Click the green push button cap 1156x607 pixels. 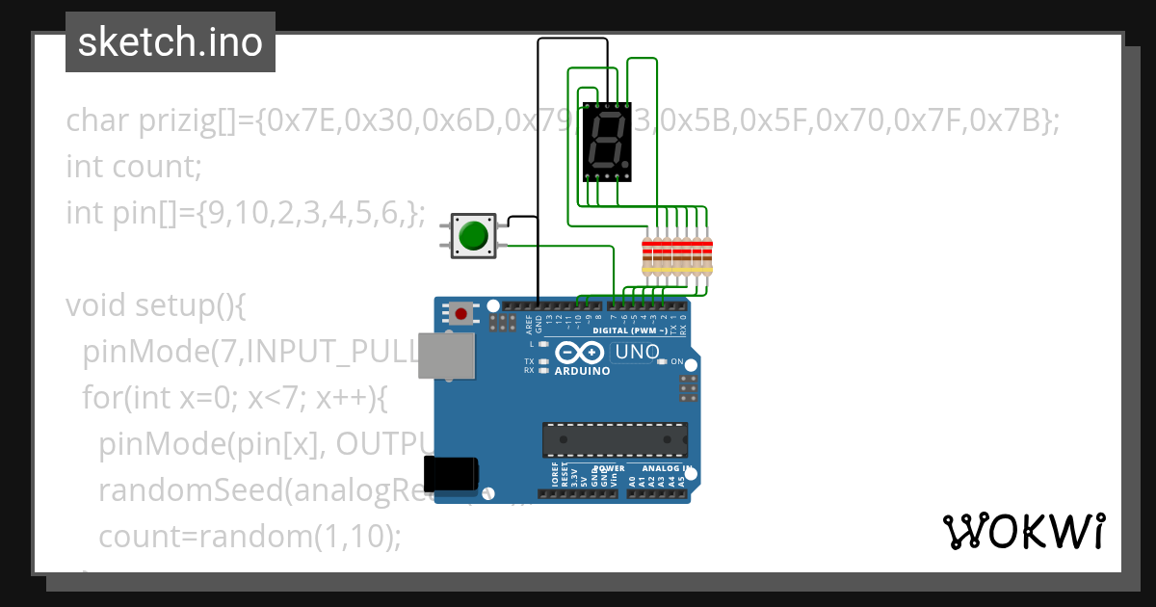click(x=473, y=235)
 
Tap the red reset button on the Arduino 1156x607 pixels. click(x=461, y=313)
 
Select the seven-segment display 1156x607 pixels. click(x=608, y=142)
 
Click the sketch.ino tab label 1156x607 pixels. click(x=171, y=42)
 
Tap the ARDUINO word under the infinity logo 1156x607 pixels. click(x=582, y=371)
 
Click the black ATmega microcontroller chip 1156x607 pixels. click(x=615, y=438)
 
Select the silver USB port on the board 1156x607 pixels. click(x=447, y=356)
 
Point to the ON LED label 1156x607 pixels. click(x=675, y=362)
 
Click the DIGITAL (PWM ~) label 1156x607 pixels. click(x=636, y=330)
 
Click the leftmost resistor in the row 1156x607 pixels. click(x=647, y=254)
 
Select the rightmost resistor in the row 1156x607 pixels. click(x=707, y=254)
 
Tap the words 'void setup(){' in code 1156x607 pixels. click(x=157, y=305)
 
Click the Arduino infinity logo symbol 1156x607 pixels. click(x=581, y=353)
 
